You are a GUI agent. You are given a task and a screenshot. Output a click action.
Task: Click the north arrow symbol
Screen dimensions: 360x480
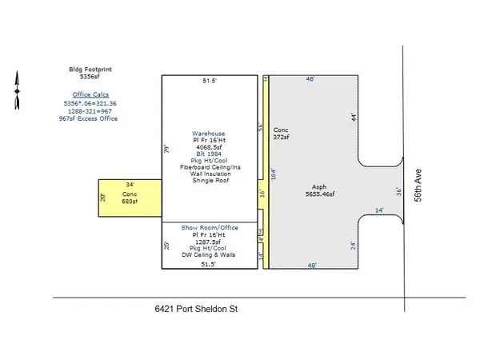click(x=15, y=90)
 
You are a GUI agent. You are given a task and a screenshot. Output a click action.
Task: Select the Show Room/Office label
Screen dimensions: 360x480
click(x=211, y=228)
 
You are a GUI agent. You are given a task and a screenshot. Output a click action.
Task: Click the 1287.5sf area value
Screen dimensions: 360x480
click(x=211, y=242)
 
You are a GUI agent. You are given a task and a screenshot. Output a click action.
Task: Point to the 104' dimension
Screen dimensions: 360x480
click(x=273, y=174)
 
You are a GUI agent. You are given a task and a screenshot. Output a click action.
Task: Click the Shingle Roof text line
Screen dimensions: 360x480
click(x=211, y=181)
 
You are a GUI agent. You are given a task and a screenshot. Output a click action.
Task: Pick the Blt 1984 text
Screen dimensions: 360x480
click(x=211, y=154)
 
